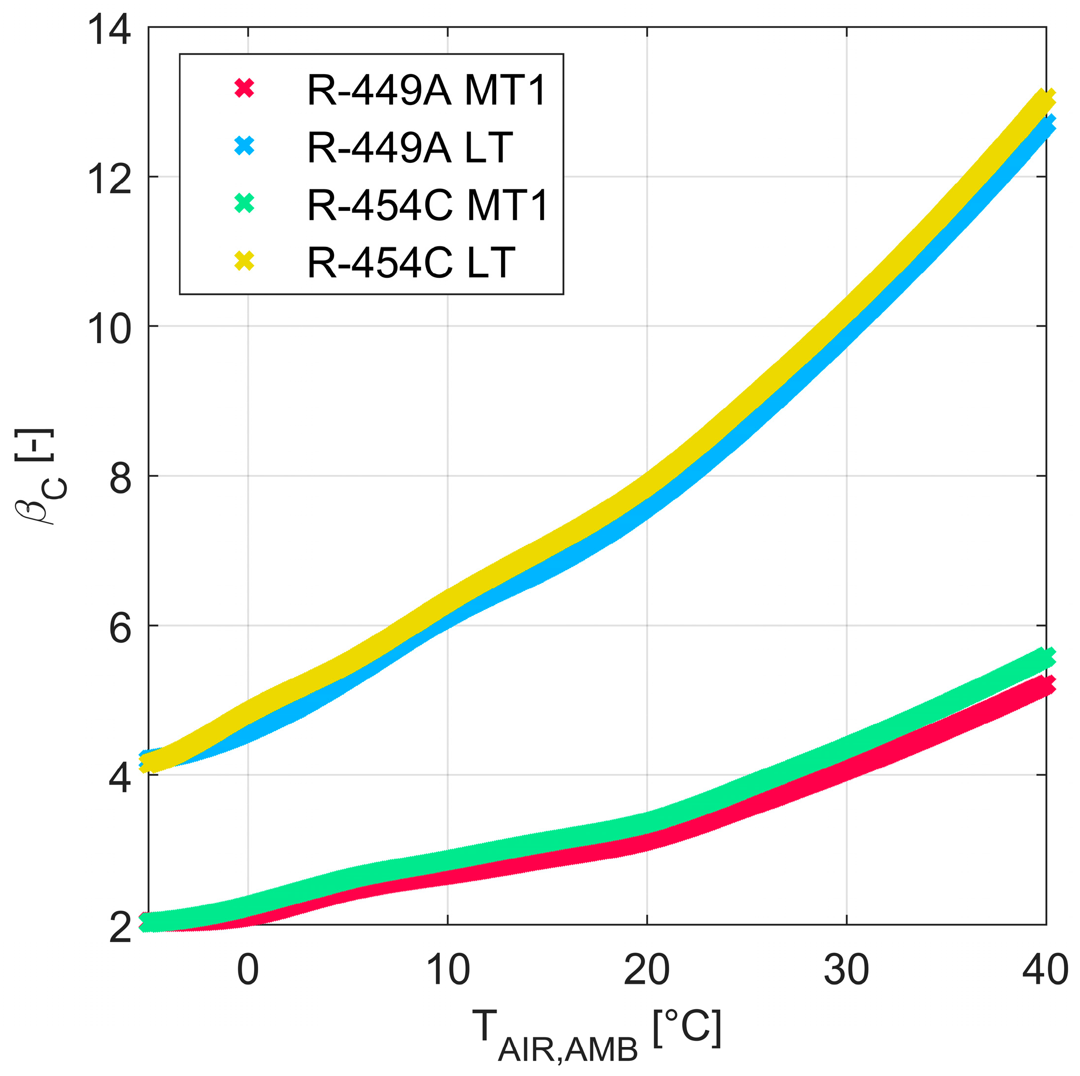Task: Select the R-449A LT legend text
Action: (x=410, y=148)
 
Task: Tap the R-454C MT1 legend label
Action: (x=428, y=205)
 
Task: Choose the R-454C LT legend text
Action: (x=411, y=262)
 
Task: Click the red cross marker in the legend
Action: (x=244, y=88)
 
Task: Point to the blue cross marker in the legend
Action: (x=244, y=146)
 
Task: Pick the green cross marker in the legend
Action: (x=244, y=204)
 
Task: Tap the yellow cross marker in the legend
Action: (x=244, y=261)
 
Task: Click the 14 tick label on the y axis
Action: (x=110, y=29)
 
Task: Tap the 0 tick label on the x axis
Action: (x=248, y=970)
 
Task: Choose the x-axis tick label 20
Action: (x=646, y=970)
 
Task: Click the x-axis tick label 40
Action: (x=1044, y=970)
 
